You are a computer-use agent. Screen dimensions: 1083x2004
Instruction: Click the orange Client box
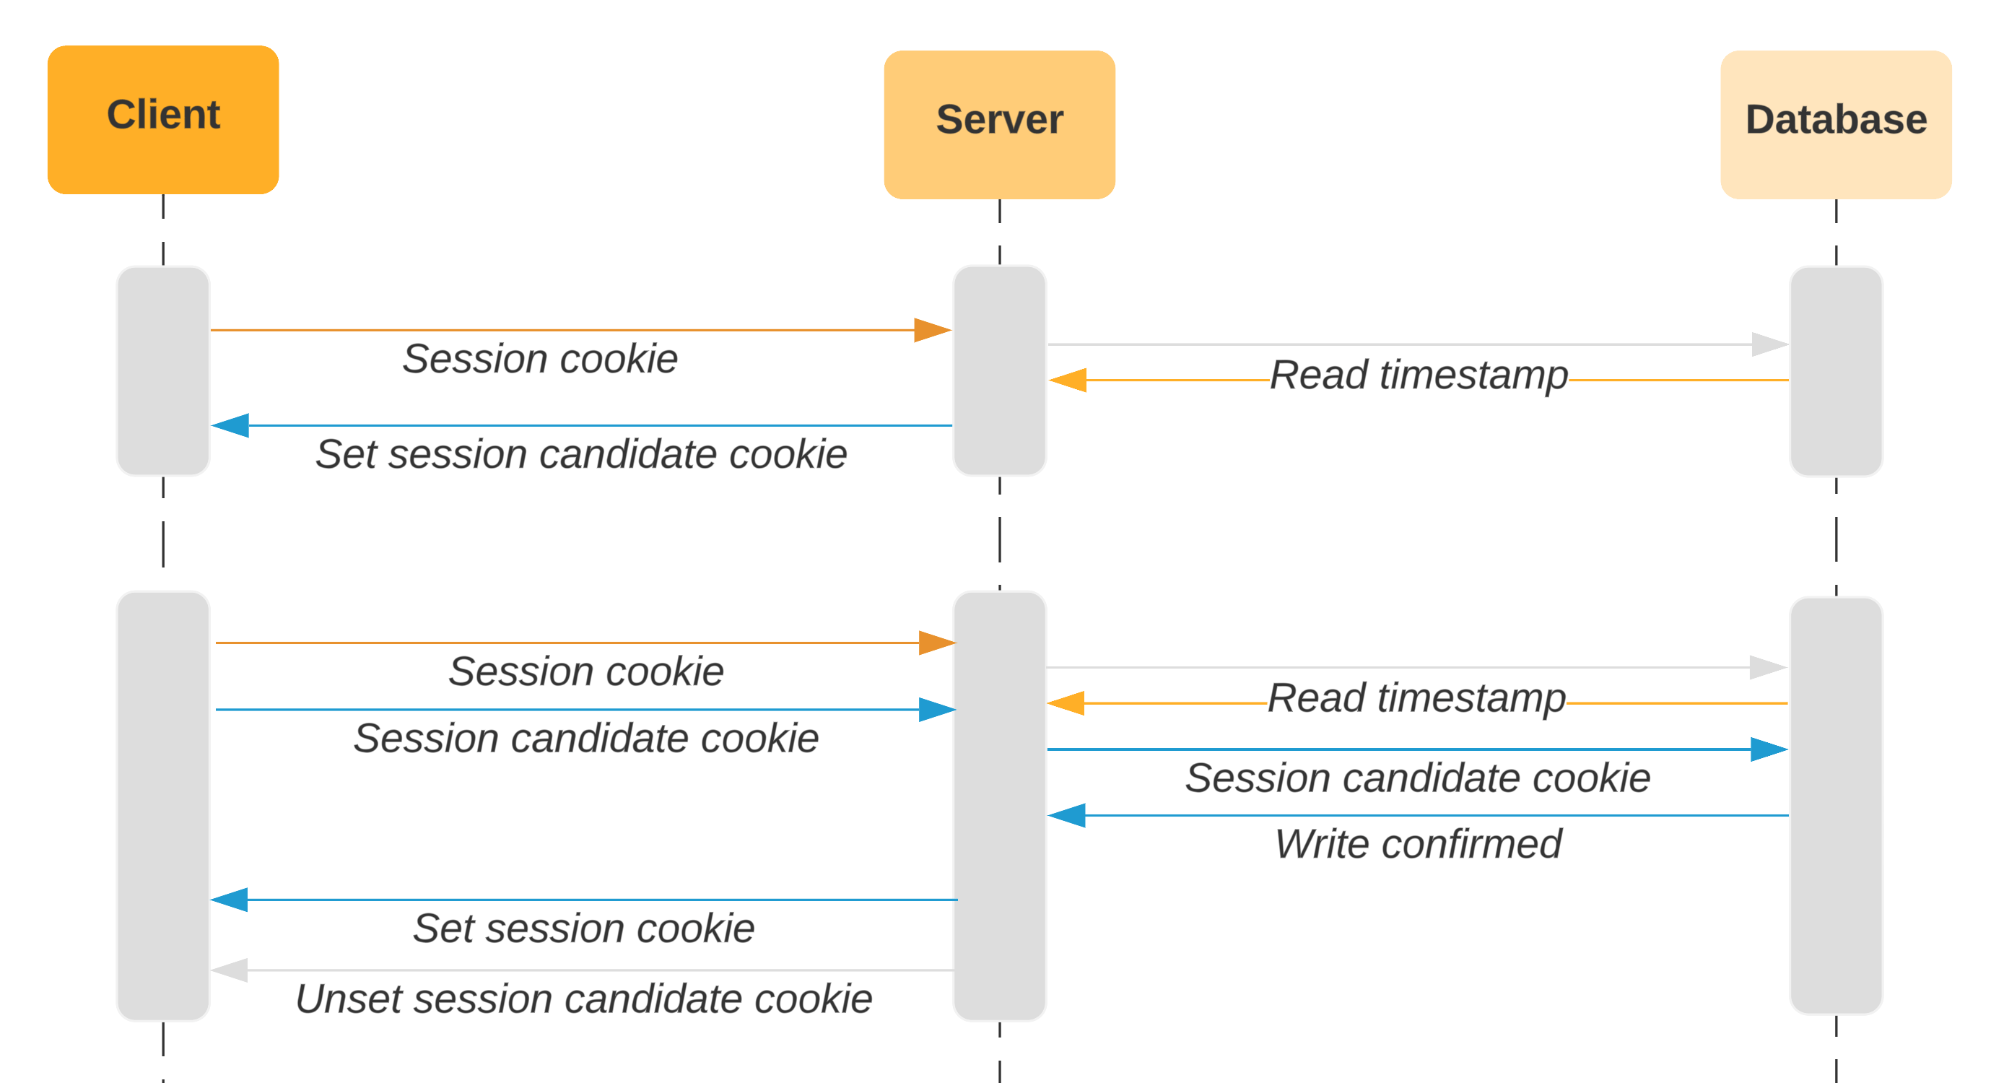162,119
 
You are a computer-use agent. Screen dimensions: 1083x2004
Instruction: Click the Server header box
999,124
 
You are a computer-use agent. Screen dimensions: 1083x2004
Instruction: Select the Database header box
1835,124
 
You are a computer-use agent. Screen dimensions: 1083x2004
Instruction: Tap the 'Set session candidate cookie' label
580,453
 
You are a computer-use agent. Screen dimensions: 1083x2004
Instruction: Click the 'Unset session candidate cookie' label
583,999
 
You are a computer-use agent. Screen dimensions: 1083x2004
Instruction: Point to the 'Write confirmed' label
1417,843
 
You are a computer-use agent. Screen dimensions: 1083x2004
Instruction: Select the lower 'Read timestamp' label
1416,697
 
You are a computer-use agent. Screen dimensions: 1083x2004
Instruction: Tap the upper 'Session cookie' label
540,359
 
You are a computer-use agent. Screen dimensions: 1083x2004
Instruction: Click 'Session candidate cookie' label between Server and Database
1417,778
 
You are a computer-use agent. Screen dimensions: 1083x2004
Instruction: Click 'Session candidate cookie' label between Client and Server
585,738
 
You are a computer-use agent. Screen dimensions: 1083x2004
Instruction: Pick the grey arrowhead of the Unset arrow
230,970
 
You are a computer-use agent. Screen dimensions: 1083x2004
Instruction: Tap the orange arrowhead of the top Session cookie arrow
932,330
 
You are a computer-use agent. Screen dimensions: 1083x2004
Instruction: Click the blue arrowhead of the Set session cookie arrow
230,900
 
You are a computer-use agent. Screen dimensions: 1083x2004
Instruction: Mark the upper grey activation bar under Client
162,370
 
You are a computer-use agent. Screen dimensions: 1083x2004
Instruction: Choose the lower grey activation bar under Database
1835,805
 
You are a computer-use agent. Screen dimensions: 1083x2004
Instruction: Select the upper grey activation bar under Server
999,370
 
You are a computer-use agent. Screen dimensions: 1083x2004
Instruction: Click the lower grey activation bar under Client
162,805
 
